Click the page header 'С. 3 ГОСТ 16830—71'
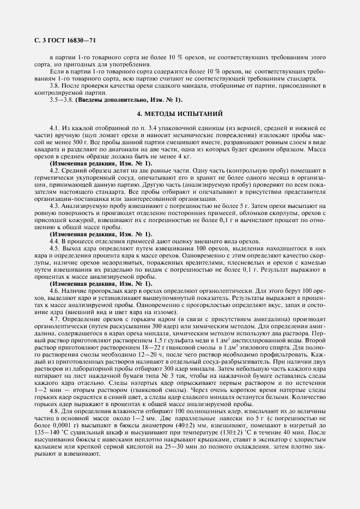pyautogui.click(x=62, y=40)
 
